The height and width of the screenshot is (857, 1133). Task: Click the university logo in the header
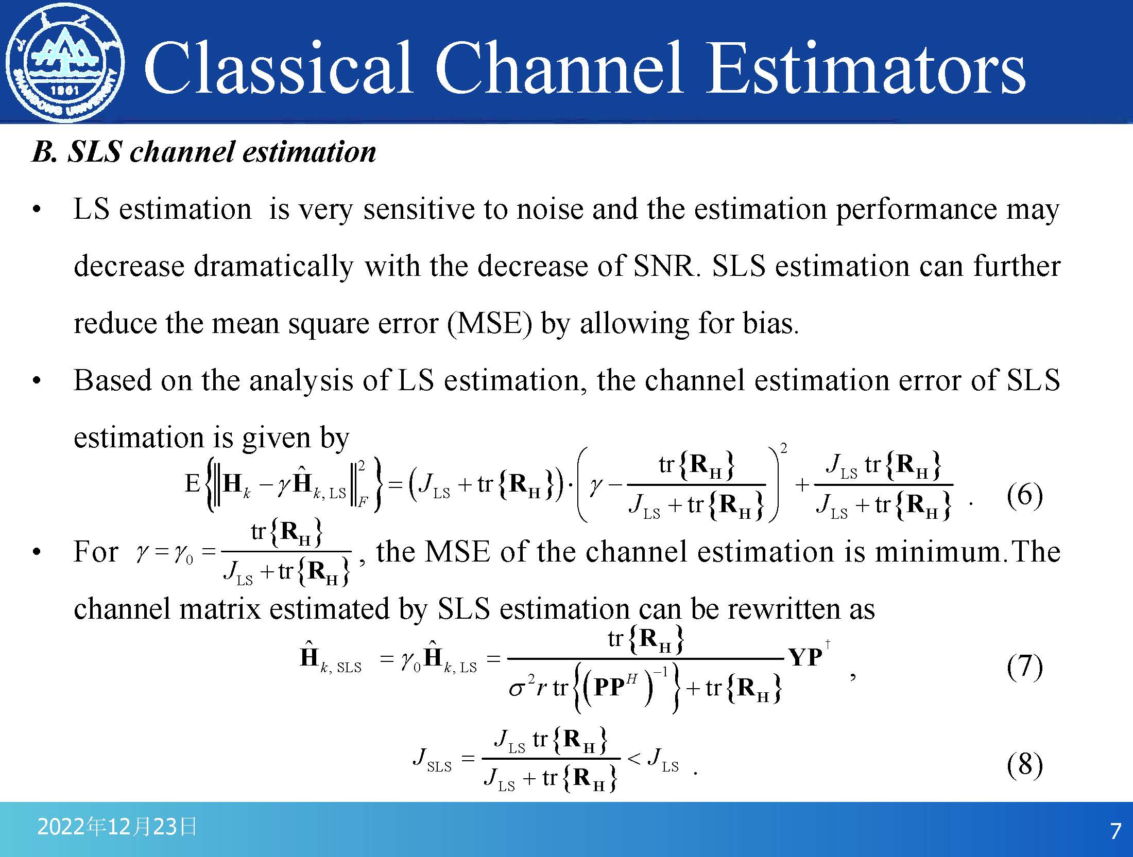click(65, 63)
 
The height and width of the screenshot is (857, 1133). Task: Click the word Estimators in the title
click(866, 69)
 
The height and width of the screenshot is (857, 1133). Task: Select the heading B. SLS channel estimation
click(204, 152)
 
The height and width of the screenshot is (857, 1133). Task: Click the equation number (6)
click(1025, 495)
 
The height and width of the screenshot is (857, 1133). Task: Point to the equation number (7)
click(1025, 666)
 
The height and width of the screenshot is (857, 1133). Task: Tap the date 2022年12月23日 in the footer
click(117, 827)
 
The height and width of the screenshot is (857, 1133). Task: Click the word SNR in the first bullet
click(667, 267)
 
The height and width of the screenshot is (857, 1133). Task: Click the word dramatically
click(273, 267)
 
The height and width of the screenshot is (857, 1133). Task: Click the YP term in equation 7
click(805, 657)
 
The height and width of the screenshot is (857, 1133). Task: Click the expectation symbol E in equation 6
click(192, 483)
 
